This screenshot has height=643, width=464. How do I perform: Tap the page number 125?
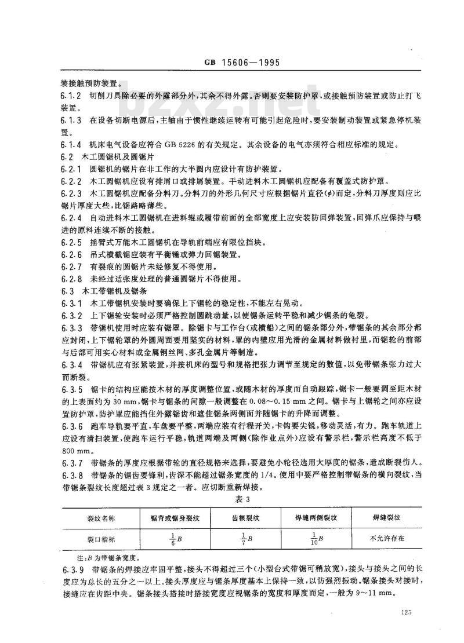click(x=405, y=612)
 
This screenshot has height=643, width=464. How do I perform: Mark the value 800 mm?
click(x=72, y=450)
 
